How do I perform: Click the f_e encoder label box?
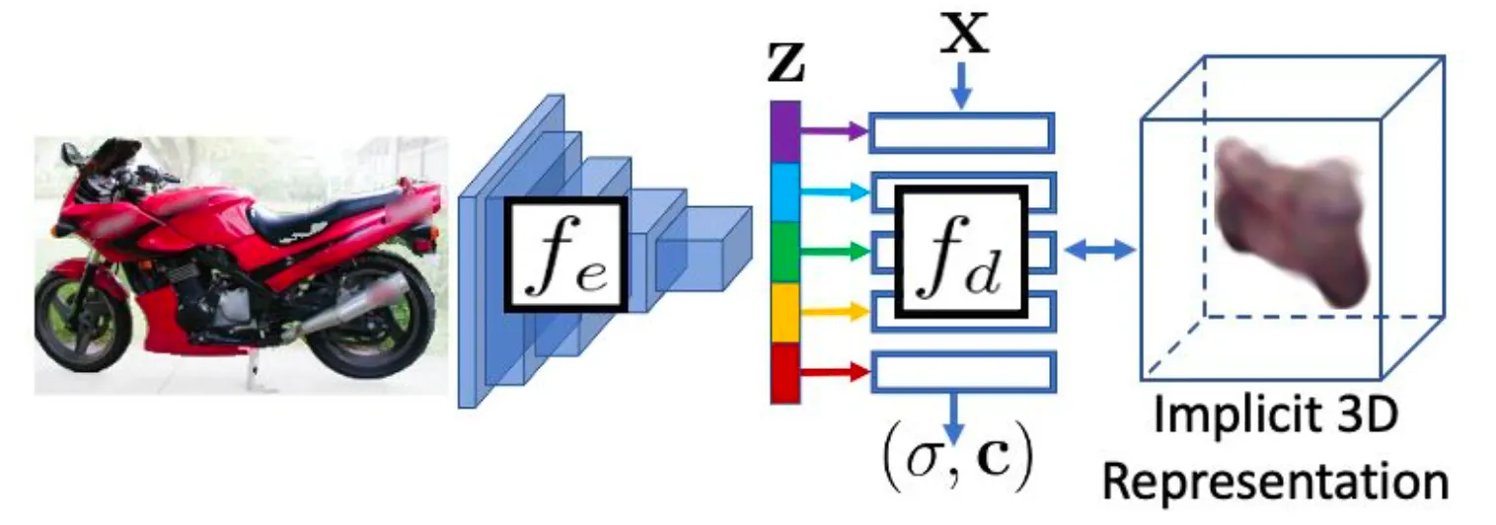coord(564,254)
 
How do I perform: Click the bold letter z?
coord(785,67)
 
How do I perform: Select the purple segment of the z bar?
coord(785,130)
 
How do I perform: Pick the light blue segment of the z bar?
coord(785,191)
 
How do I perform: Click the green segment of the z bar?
coord(785,253)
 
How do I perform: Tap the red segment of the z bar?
coord(785,372)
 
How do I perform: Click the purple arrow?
coord(834,128)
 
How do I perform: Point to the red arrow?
coord(834,372)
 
